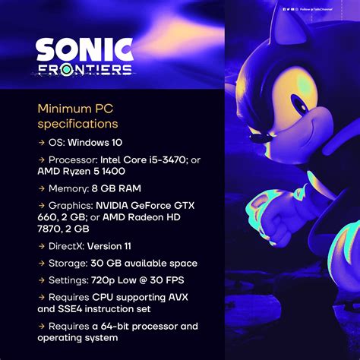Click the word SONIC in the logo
(x=84, y=50)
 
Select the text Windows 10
(x=96, y=142)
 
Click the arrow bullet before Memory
(x=41, y=188)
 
